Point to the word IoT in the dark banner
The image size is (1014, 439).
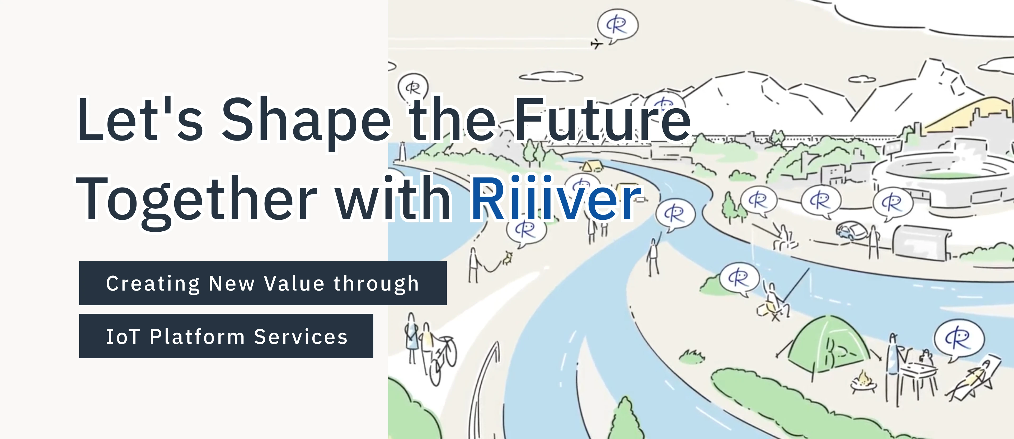click(123, 337)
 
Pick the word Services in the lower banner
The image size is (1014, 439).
click(301, 337)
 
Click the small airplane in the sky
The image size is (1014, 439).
click(596, 43)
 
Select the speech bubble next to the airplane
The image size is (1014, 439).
click(617, 26)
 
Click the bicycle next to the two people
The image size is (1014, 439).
click(443, 358)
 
